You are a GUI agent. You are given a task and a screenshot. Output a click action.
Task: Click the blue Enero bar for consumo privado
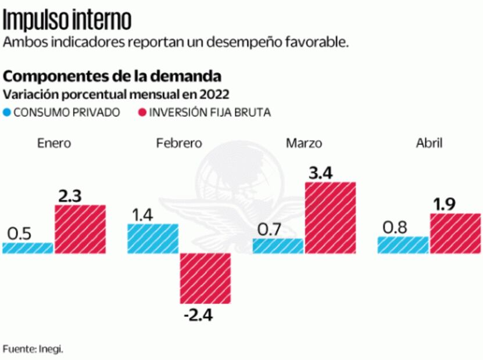point(28,248)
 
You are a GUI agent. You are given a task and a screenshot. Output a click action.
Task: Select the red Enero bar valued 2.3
point(80,229)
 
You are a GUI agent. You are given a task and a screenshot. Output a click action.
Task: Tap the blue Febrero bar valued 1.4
point(153,239)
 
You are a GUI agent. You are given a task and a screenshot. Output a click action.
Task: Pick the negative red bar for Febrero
point(205,279)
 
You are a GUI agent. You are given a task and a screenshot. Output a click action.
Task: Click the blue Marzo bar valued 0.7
point(278,246)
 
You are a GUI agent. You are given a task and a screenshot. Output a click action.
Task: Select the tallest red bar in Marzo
point(330,218)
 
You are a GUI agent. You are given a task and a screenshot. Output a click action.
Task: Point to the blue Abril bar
point(403,245)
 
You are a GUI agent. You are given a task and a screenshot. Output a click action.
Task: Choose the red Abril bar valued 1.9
point(455,233)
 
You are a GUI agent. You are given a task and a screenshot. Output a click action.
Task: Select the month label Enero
point(53,143)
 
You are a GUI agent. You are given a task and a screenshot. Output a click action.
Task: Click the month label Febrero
point(179,143)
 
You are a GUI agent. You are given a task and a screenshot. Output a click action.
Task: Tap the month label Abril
point(429,143)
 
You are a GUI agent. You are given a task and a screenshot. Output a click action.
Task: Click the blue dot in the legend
point(7,113)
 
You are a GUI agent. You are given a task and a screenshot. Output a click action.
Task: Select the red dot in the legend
point(142,113)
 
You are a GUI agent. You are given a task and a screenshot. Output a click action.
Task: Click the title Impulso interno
point(67,20)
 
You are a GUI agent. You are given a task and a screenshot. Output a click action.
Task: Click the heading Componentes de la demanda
point(113,76)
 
